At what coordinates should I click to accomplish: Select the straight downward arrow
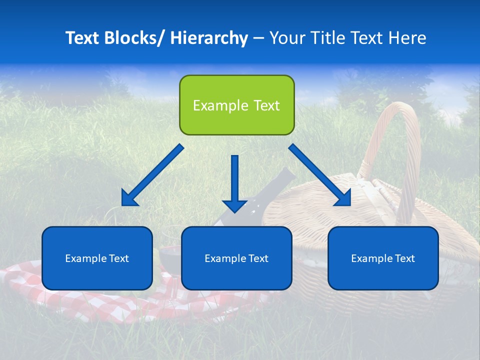(234, 180)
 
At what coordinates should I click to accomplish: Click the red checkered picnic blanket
(75, 300)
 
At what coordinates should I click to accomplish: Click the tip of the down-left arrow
(123, 204)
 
